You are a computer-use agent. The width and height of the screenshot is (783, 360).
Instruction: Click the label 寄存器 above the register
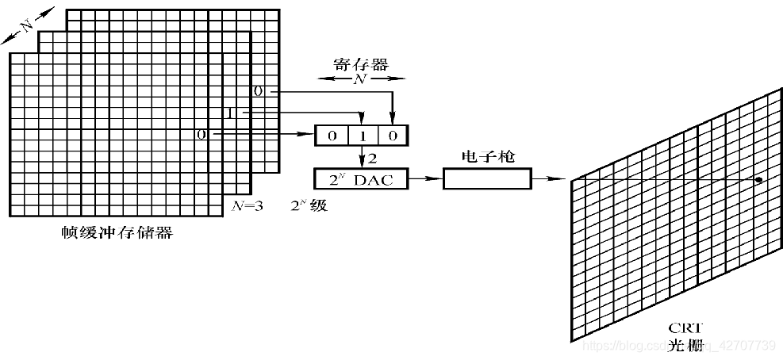(x=360, y=64)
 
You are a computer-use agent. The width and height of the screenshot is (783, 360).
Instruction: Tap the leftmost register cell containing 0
(x=332, y=136)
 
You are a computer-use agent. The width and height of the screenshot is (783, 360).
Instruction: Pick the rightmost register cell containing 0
(x=393, y=136)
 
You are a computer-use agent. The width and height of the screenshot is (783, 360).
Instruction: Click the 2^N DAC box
(x=362, y=180)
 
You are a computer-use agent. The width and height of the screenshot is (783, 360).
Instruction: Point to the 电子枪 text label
(x=486, y=157)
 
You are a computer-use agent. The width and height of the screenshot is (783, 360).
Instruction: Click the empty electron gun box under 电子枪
(x=486, y=180)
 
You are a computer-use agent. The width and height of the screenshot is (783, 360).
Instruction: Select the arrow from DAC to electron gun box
(x=424, y=180)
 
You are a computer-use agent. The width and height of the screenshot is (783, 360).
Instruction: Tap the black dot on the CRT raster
(x=759, y=180)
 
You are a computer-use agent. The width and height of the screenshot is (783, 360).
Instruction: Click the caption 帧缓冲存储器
(x=117, y=232)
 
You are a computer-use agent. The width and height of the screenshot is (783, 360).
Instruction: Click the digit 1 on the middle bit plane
(x=230, y=114)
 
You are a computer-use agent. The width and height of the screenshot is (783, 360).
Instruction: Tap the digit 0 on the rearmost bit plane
(x=257, y=91)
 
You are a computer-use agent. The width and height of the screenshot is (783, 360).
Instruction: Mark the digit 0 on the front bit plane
(x=202, y=136)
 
